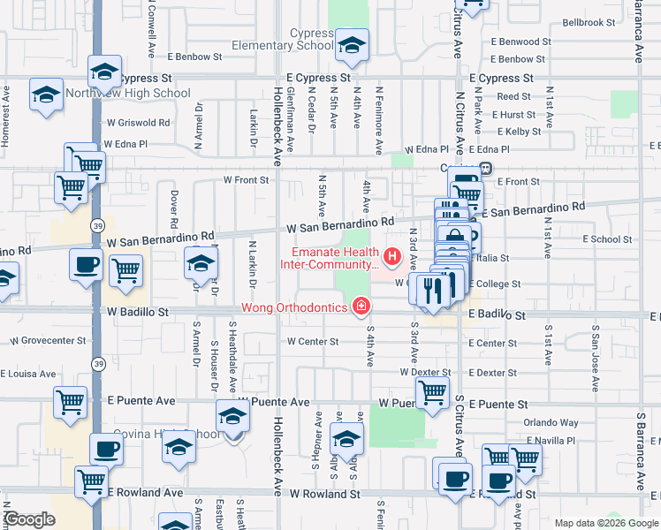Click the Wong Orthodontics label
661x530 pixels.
pyautogui.click(x=295, y=308)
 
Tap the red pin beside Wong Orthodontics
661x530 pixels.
pyautogui.click(x=361, y=307)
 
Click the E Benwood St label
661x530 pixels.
pyautogui.click(x=521, y=42)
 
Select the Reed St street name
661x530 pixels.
pyautogui.click(x=513, y=96)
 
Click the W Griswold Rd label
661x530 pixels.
pyautogui.click(x=137, y=123)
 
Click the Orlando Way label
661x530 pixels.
pyautogui.click(x=551, y=423)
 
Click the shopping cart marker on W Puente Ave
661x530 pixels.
pyautogui.click(x=432, y=391)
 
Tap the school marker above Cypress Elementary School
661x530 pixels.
pyautogui.click(x=352, y=45)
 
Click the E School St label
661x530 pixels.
pyautogui.click(x=607, y=239)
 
